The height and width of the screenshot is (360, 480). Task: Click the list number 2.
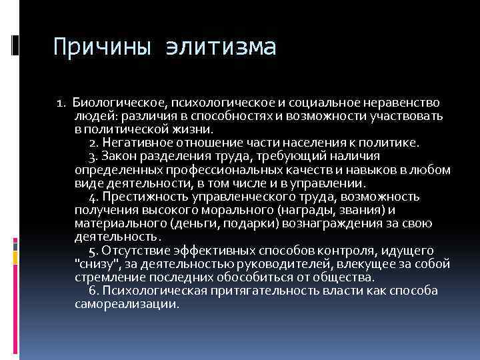[x=93, y=143]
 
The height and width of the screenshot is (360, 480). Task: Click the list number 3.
[x=93, y=156]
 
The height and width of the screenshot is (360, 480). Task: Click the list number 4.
[x=93, y=197]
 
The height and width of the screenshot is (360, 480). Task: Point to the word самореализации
[x=127, y=304]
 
